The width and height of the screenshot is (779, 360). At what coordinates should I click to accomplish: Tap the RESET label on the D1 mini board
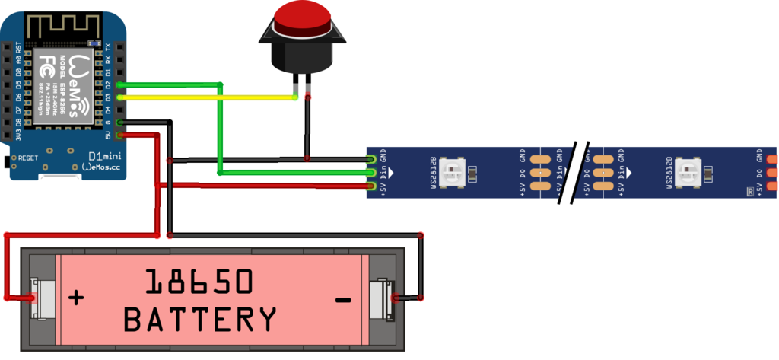pos(28,158)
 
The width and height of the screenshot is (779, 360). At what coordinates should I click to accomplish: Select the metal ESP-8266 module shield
pos(65,83)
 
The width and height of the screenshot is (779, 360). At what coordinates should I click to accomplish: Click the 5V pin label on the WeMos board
pos(109,135)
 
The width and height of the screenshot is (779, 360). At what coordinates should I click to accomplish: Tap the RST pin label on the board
pos(18,47)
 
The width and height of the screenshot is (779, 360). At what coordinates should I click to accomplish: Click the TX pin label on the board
pos(109,47)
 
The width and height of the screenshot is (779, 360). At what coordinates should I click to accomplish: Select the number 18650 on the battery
pos(199,282)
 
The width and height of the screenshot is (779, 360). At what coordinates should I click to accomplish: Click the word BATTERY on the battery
pos(200,318)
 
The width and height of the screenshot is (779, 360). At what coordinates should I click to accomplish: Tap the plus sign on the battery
pos(76,297)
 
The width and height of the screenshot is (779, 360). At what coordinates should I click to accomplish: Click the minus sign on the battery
pos(343,300)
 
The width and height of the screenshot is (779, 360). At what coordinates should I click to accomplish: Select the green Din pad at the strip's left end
pos(370,173)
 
